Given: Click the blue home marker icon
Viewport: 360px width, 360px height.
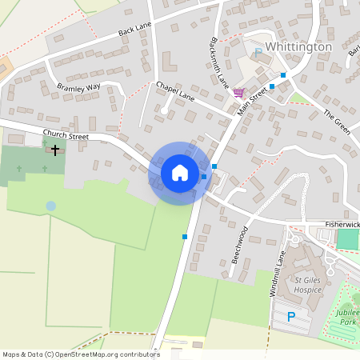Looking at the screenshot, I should tap(180, 173).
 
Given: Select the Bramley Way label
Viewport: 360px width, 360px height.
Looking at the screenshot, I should tap(78, 85).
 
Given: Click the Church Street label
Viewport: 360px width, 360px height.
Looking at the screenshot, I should tap(66, 135).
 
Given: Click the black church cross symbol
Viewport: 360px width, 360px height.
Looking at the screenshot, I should tap(55, 149).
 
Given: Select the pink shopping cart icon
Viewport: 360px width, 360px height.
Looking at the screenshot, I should tap(238, 93).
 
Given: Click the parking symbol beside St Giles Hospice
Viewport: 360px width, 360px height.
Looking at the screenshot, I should tap(291, 317).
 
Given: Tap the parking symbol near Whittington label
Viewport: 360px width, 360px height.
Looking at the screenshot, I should tap(258, 52).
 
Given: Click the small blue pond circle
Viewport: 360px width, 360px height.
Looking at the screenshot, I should tap(51, 206).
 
